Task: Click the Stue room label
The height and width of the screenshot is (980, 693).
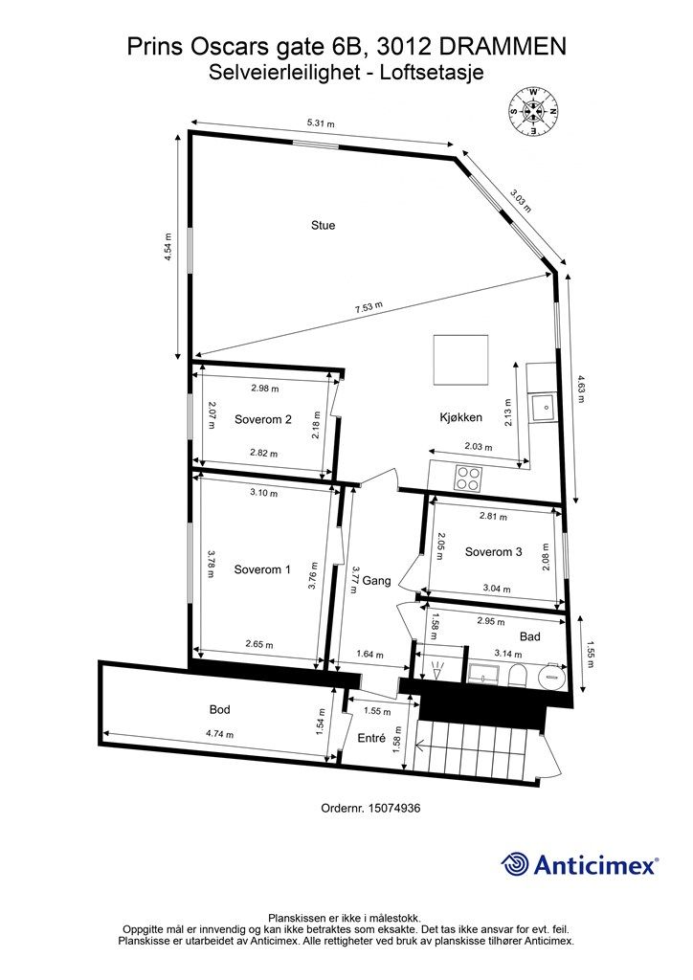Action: [323, 226]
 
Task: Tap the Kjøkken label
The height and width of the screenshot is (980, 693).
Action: [460, 417]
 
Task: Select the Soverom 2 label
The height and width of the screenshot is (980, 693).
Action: [262, 419]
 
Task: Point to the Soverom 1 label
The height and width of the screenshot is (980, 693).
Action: [261, 569]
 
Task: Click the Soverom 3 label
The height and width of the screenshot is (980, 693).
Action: [493, 551]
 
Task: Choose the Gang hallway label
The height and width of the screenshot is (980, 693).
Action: [376, 581]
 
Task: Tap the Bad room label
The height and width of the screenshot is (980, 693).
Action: [530, 636]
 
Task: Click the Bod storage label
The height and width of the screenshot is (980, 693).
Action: [220, 710]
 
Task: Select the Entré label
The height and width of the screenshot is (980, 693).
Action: [370, 738]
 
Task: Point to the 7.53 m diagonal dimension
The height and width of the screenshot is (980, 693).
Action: [369, 307]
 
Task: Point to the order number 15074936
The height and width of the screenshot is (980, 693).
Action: [395, 808]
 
